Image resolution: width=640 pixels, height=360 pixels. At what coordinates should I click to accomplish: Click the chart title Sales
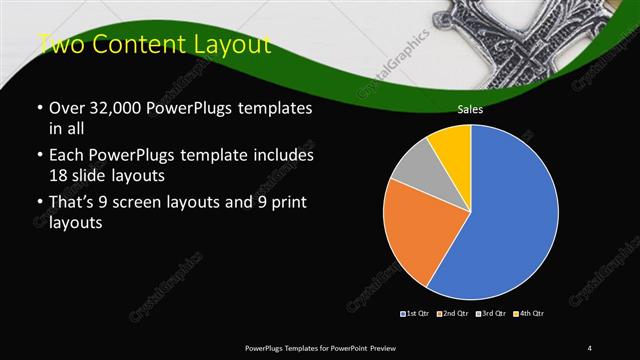coord(471,110)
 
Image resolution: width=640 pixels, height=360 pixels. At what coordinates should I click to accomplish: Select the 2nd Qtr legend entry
coord(453,314)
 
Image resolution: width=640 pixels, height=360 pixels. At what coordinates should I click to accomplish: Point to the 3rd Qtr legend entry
coord(491,314)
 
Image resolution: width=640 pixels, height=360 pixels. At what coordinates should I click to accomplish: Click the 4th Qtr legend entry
coord(529,314)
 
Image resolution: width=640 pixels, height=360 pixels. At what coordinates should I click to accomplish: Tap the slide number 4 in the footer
coord(590,347)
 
